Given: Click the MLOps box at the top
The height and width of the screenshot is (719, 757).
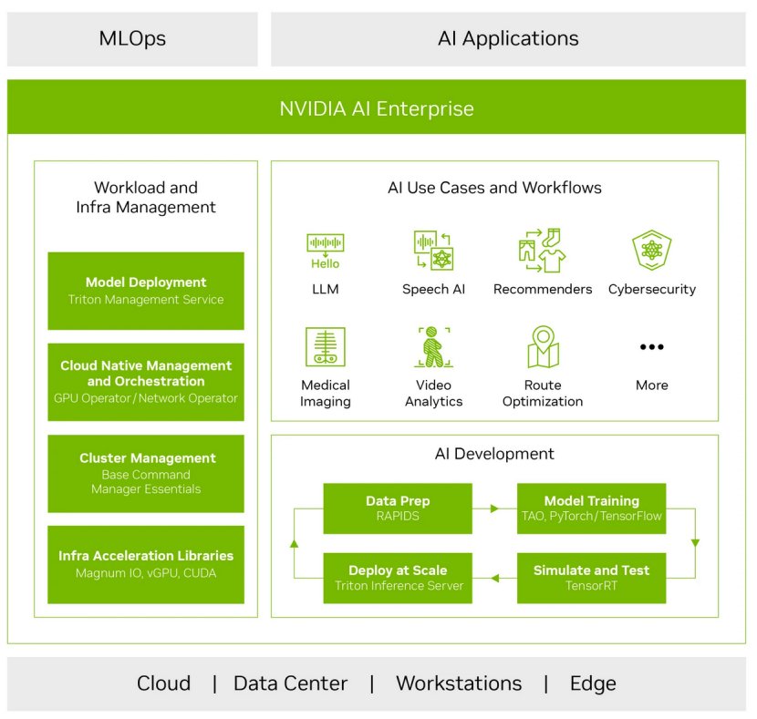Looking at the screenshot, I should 132,39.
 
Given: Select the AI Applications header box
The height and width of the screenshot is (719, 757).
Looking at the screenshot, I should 508,39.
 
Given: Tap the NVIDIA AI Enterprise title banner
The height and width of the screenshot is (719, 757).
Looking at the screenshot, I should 377,108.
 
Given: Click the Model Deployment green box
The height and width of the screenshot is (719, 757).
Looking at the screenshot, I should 146,291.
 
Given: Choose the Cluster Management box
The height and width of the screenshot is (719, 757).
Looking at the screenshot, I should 146,473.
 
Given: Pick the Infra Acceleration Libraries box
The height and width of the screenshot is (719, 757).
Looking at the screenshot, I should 146,564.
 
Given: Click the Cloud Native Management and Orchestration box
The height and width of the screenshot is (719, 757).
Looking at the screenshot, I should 146,382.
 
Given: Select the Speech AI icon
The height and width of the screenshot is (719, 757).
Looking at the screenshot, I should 433,250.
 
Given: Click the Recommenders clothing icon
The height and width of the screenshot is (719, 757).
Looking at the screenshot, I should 543,250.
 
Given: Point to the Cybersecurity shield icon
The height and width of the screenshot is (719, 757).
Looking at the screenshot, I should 651,250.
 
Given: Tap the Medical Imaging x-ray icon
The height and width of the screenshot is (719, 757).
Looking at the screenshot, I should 325,347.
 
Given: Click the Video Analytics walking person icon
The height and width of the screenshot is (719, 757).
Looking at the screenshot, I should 433,347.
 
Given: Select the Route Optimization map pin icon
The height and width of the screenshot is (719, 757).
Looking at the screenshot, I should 543,347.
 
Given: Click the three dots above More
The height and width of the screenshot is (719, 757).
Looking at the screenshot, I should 651,347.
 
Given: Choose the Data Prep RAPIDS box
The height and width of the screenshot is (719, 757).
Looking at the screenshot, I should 398,508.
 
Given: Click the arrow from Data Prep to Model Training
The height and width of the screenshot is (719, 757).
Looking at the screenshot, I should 494,508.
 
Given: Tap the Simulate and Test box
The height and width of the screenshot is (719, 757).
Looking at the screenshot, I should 591,578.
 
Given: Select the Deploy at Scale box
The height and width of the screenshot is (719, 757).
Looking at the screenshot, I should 398,578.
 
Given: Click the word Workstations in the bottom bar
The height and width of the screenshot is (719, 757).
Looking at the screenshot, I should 459,683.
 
